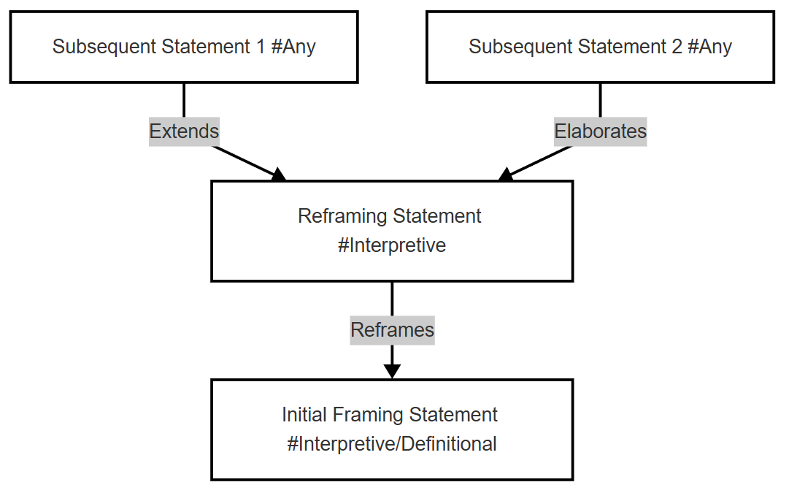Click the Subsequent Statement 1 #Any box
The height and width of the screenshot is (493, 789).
(x=184, y=47)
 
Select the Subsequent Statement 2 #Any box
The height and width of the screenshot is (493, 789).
(x=600, y=47)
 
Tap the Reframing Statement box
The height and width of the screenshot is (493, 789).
(x=392, y=231)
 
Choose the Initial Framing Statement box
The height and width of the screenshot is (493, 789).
(x=392, y=429)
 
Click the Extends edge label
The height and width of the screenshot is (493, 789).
(x=184, y=131)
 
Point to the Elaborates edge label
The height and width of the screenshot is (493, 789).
(x=600, y=131)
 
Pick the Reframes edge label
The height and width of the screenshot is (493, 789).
(x=393, y=330)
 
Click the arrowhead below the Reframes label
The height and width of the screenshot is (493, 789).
(x=392, y=371)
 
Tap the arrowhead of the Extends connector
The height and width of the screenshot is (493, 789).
(x=278, y=175)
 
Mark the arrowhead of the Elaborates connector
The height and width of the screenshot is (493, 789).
(x=506, y=175)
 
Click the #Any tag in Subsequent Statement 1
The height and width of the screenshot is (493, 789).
(x=293, y=47)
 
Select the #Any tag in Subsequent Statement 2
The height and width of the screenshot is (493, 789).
(x=709, y=47)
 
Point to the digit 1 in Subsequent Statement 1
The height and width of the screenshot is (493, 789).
(x=260, y=46)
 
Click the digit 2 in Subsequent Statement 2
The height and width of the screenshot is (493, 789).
(x=677, y=46)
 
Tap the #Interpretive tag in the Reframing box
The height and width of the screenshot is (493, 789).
(x=392, y=245)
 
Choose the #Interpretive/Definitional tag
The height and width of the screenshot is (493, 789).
(x=392, y=444)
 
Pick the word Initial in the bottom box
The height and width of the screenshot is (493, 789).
(x=304, y=415)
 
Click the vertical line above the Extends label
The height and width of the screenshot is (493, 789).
(x=184, y=100)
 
